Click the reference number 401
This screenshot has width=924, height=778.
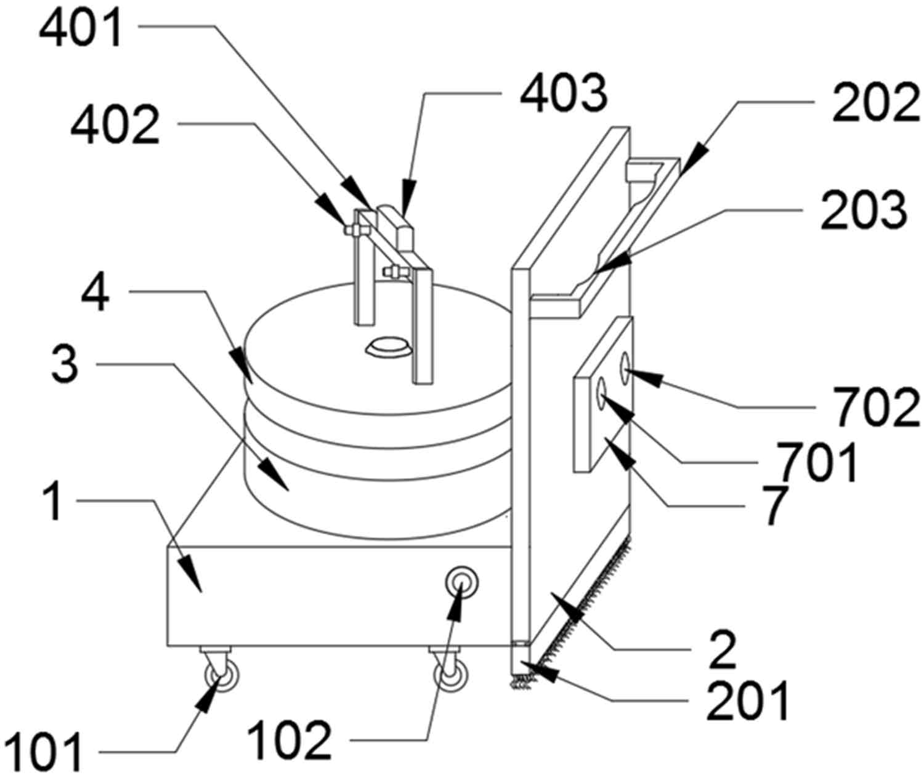coord(81,30)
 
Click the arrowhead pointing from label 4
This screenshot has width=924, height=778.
coord(244,366)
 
